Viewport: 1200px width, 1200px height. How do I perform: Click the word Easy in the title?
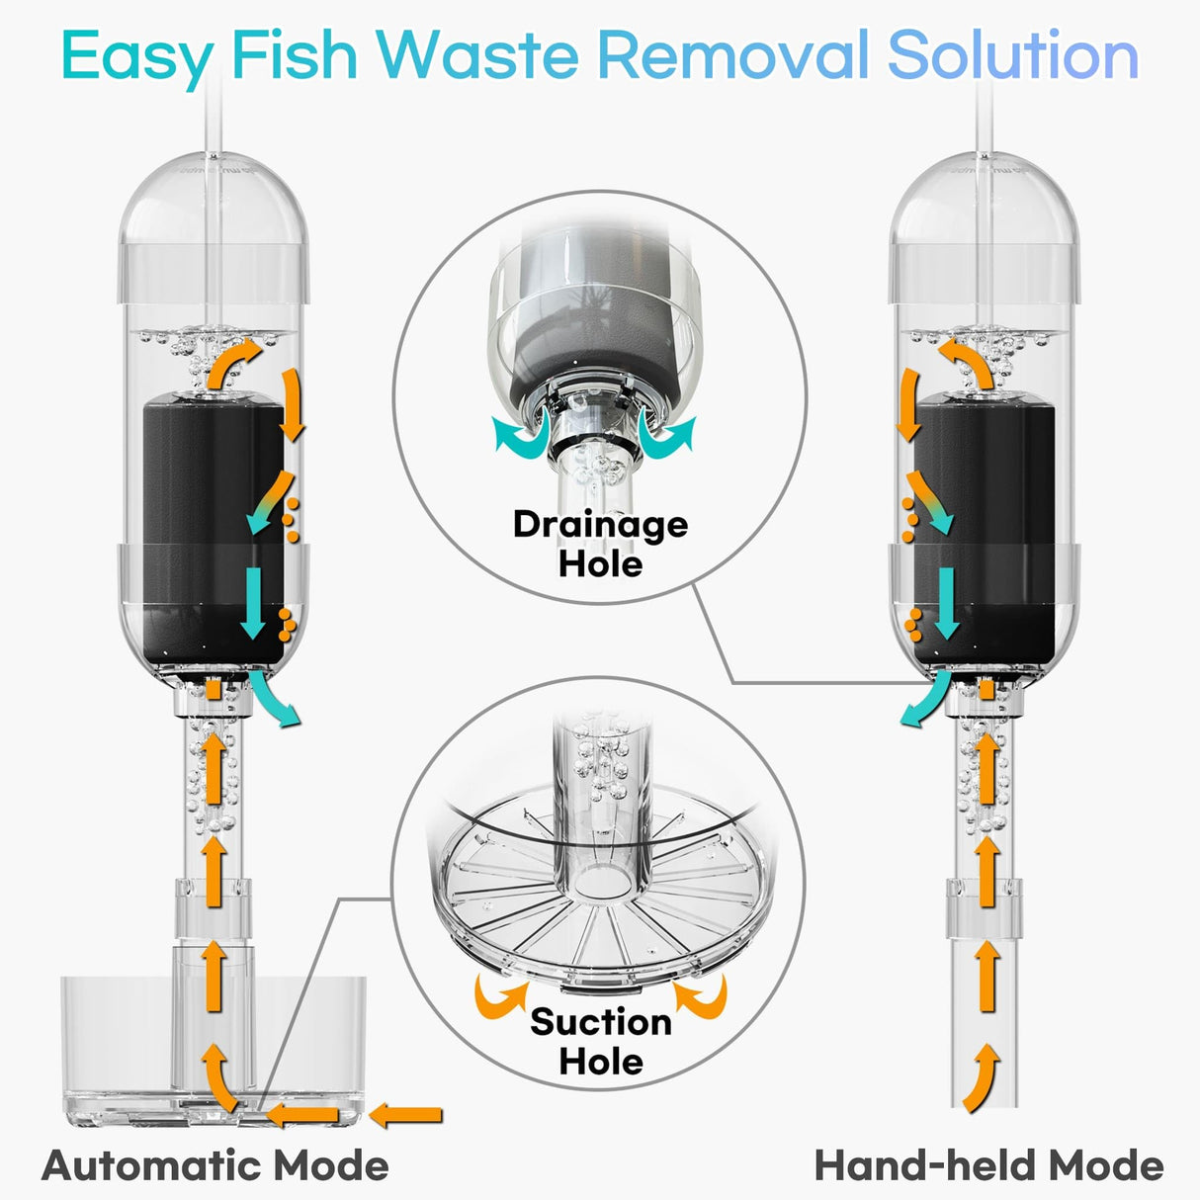point(135,56)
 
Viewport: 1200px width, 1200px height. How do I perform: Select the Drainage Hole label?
point(600,544)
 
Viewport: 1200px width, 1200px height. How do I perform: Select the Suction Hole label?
point(600,1041)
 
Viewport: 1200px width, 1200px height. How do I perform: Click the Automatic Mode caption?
point(215,1164)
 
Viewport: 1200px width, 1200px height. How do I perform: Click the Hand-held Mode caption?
point(988,1164)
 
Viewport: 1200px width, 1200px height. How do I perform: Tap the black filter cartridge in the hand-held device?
point(984,524)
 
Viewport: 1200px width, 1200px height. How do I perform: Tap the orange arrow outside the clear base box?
point(405,1116)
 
